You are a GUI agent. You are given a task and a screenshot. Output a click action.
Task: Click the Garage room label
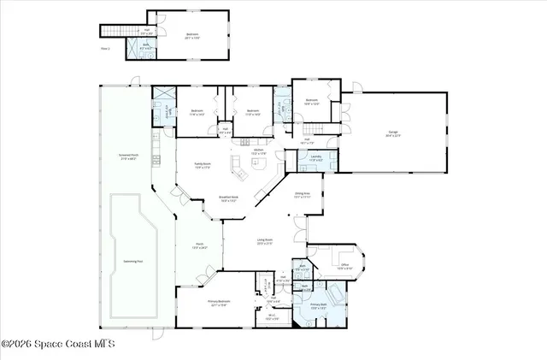pos(393,133)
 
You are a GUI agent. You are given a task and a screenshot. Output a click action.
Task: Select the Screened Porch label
pos(128,156)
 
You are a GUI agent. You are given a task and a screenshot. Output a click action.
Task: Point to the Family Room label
pos(203,165)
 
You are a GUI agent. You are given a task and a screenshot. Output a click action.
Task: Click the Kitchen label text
pos(257,151)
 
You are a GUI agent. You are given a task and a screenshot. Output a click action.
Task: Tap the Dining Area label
pos(302,195)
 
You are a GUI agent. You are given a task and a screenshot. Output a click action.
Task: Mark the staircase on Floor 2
pos(113,31)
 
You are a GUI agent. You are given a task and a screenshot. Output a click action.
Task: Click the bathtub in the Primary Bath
pos(336,296)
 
